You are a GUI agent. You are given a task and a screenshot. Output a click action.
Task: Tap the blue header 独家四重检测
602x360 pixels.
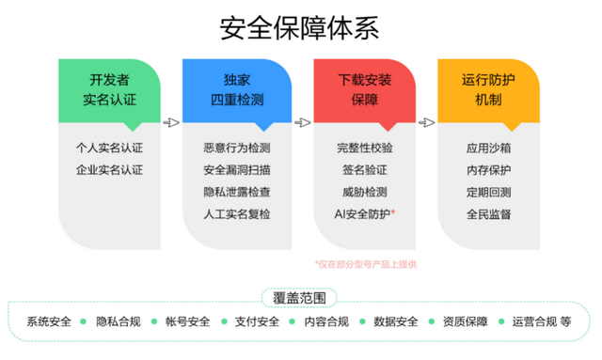(234, 89)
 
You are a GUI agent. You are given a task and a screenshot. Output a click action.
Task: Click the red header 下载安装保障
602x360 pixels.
(364, 89)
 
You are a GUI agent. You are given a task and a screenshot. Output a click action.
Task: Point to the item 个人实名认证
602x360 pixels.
(109, 148)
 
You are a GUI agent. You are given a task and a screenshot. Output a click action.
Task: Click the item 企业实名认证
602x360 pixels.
(109, 170)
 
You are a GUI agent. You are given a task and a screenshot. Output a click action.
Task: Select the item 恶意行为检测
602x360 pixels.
(236, 148)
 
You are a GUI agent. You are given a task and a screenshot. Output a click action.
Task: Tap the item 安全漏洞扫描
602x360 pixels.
(236, 170)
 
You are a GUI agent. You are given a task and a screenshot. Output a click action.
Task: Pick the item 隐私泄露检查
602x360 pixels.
(236, 193)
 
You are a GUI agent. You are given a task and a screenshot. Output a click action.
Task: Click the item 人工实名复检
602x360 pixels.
(236, 215)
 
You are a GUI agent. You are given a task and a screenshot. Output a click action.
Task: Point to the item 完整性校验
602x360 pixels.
(364, 148)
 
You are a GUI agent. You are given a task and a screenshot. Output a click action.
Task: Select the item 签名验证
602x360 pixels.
(364, 170)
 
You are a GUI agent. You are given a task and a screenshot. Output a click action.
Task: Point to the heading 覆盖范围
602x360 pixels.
(300, 298)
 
